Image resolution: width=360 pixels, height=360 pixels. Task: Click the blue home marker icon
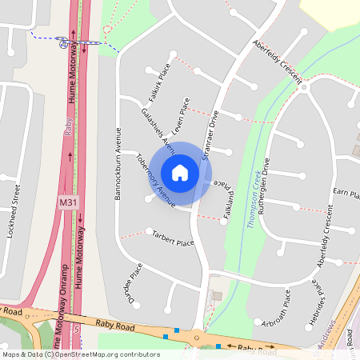click(x=180, y=172)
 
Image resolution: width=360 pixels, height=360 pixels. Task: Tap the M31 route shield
click(x=68, y=204)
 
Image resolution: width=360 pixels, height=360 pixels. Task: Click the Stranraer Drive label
click(x=211, y=136)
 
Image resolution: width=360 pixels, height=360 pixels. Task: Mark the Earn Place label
click(x=346, y=193)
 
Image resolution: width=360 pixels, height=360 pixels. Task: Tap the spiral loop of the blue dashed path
click(x=63, y=42)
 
